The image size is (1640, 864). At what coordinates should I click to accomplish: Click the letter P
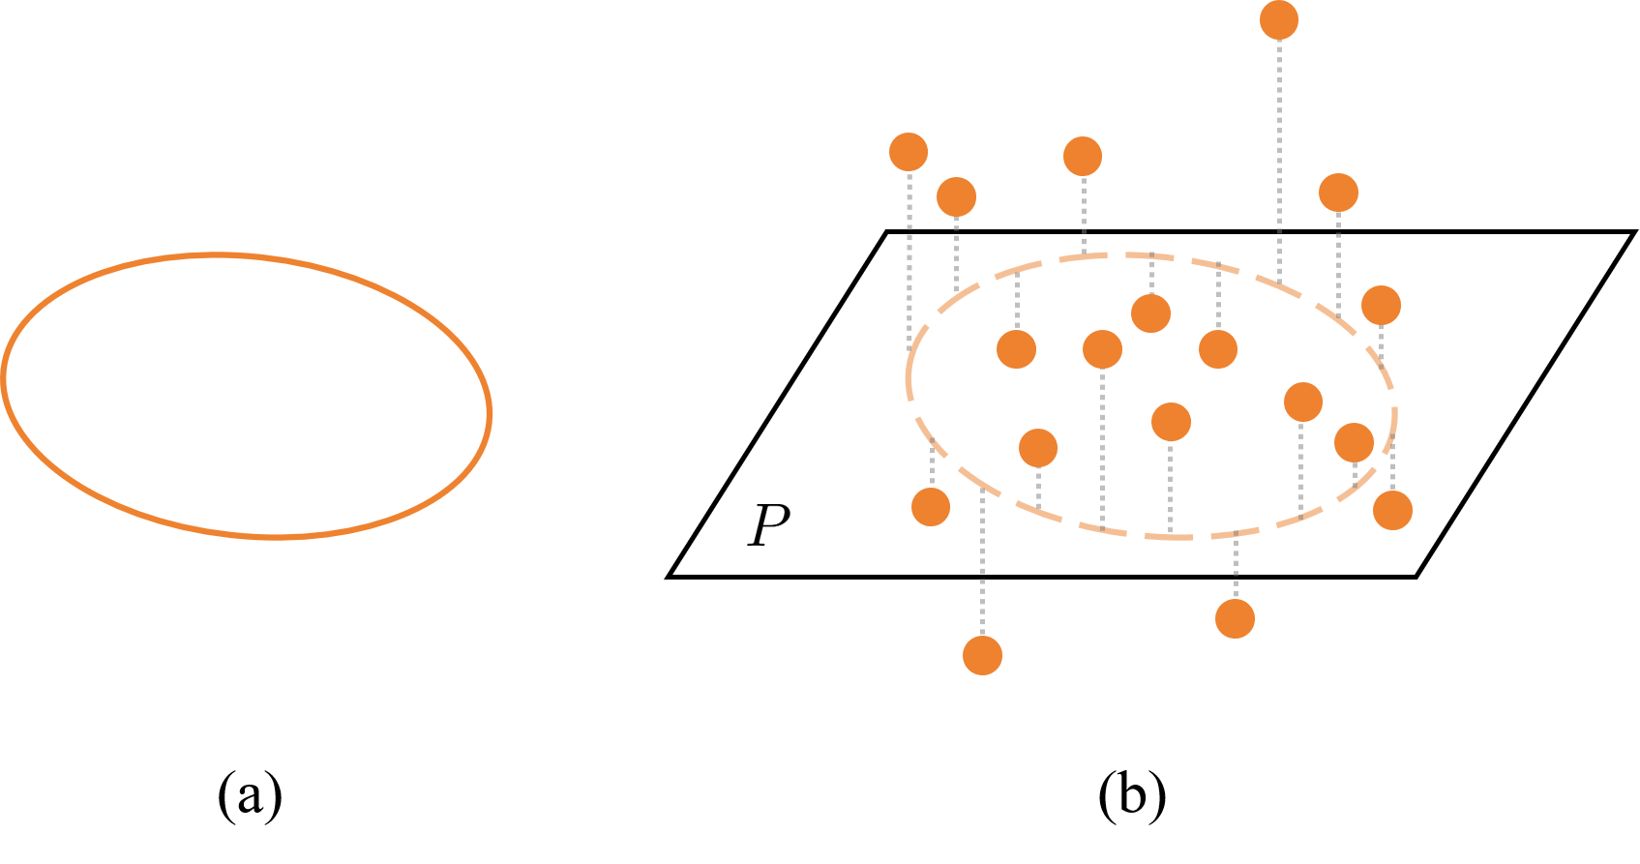(769, 524)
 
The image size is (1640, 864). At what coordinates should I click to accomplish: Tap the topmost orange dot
(1278, 20)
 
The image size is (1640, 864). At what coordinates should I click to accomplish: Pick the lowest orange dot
(982, 655)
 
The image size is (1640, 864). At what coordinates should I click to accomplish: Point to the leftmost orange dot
(909, 152)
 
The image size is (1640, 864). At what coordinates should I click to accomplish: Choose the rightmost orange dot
(1392, 510)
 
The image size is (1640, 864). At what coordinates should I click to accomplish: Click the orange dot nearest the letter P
(931, 506)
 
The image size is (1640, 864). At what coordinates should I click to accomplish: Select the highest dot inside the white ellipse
(1150, 313)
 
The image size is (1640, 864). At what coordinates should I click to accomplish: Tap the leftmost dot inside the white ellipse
(1016, 348)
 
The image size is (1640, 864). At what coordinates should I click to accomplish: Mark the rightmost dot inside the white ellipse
(1354, 442)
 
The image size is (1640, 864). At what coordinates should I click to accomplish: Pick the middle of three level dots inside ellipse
(1102, 349)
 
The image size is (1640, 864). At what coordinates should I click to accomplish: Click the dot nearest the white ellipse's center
(1171, 421)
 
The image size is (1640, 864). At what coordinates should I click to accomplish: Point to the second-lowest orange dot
(1235, 618)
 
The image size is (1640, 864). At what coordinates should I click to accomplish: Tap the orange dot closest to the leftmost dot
(956, 196)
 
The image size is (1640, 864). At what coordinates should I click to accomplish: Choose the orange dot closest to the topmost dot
(1338, 193)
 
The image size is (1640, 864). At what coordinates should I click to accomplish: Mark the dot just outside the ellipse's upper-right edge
(1381, 305)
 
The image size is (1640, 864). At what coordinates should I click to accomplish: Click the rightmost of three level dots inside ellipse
(1217, 348)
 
